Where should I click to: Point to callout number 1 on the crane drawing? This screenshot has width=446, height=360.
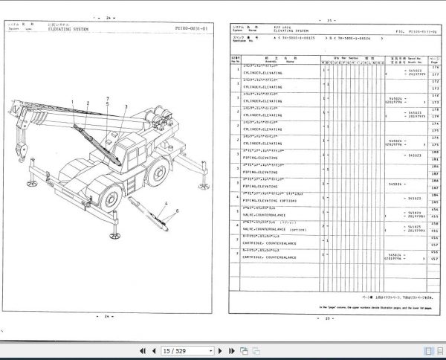tap(73, 103)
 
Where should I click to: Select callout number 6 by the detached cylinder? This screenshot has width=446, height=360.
tap(178, 213)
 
